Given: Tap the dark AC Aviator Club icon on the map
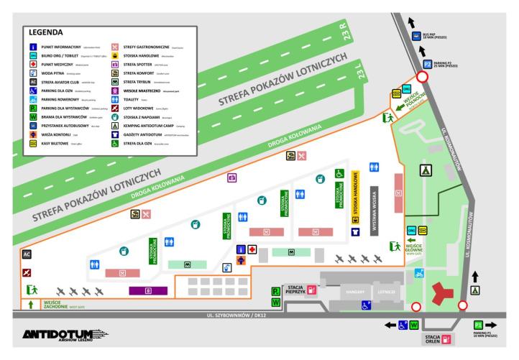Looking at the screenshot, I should [27, 254].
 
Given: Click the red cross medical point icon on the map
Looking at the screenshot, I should [252, 249].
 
